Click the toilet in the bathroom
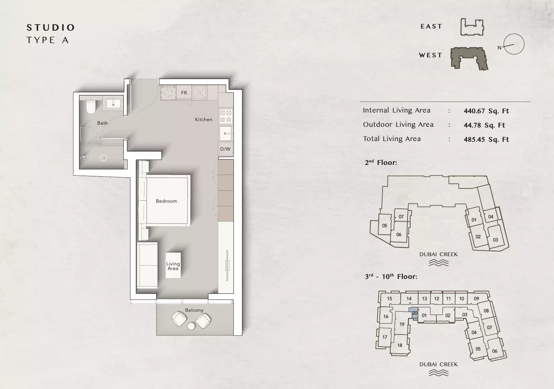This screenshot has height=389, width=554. click(91, 107)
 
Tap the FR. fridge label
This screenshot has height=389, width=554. click(185, 93)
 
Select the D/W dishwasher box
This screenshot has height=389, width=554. click(226, 149)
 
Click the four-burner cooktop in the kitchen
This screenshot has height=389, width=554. click(226, 116)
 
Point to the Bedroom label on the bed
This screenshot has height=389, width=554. click(166, 201)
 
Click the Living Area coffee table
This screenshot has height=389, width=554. click(173, 265)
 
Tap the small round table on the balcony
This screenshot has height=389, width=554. click(191, 326)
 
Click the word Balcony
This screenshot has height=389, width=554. click(194, 310)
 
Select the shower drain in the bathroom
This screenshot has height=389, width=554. click(103, 158)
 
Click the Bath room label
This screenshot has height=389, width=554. click(102, 123)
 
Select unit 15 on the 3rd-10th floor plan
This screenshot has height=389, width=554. click(390, 299)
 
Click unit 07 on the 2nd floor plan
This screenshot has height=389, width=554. click(401, 217)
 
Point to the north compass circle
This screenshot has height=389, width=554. click(514, 44)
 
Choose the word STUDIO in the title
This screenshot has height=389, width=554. click(51, 27)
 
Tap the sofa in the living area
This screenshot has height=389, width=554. click(147, 265)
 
